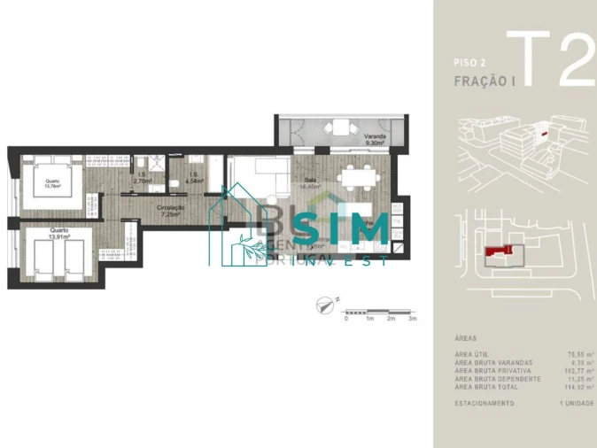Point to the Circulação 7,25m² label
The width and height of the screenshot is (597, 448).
168,211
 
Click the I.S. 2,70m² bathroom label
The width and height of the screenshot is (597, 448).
142,178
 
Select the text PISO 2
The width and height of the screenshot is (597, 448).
470,63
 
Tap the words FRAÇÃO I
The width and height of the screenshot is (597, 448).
485,80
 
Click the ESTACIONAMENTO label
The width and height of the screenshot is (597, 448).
485,402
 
